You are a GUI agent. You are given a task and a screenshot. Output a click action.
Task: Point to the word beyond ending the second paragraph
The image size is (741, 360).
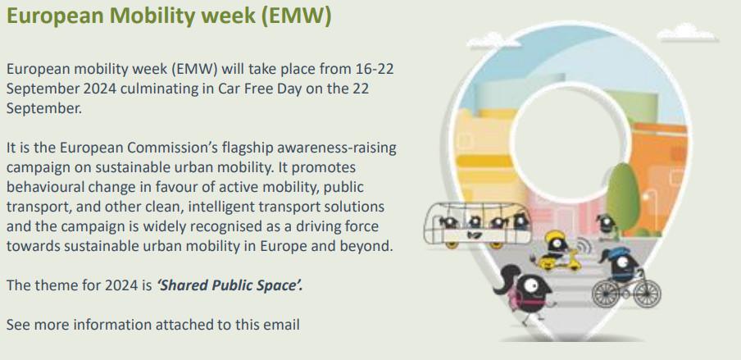coord(368,245)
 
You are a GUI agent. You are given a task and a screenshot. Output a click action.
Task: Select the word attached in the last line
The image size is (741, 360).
coord(176,325)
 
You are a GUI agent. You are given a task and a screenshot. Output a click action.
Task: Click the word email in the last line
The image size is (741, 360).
coord(281,325)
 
